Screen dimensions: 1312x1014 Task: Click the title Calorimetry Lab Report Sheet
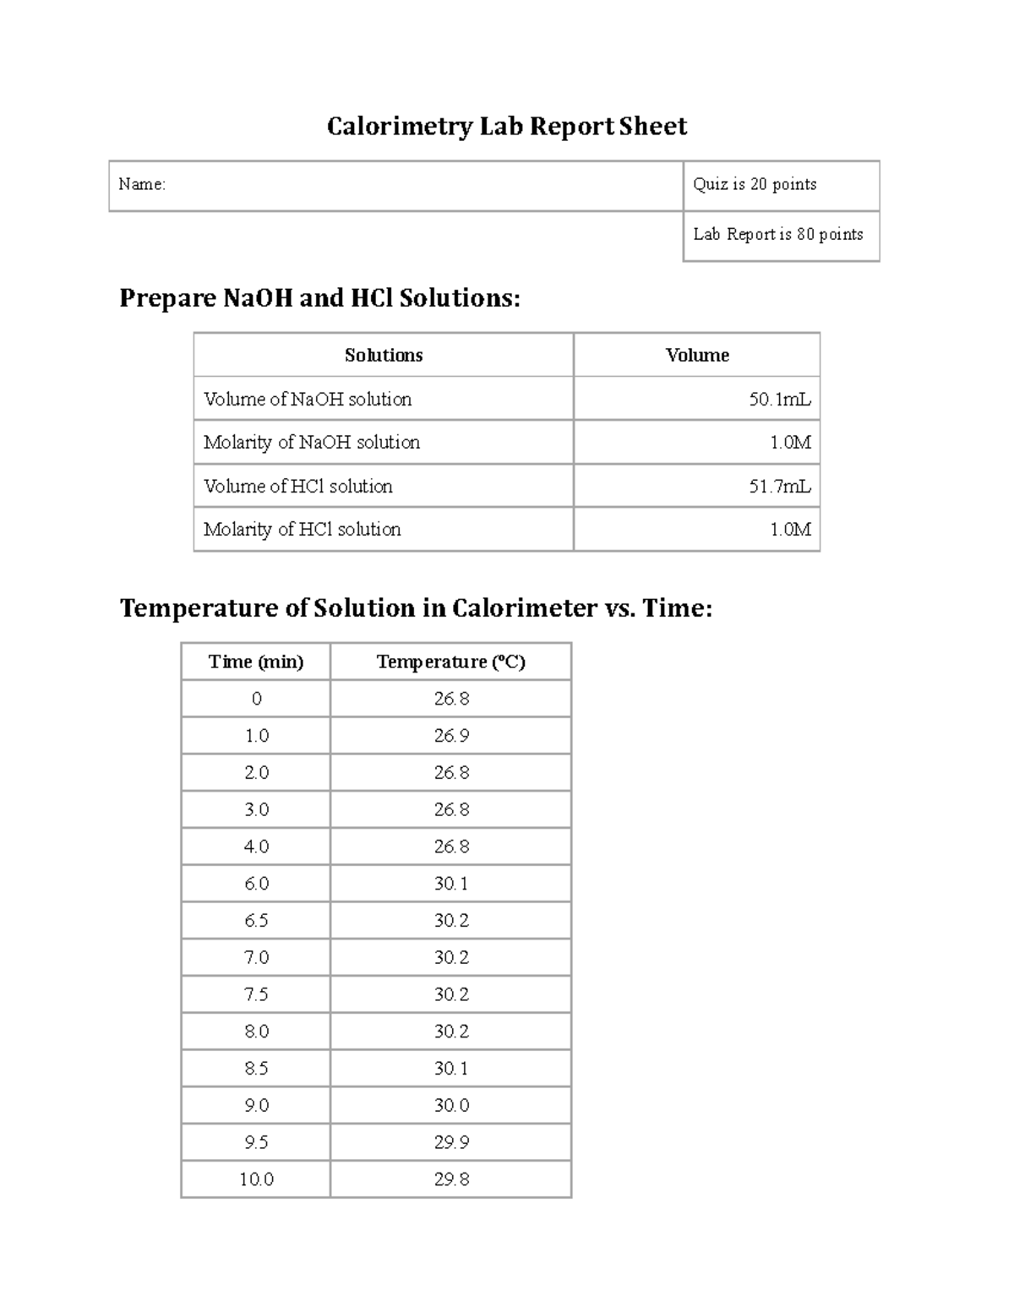click(507, 127)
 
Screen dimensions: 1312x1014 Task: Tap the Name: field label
click(142, 184)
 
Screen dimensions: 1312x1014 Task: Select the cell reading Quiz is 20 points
click(755, 184)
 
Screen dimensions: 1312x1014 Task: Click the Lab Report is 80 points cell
click(778, 235)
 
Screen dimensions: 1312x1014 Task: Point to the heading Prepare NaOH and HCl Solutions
click(319, 298)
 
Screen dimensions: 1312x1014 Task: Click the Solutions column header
click(384, 356)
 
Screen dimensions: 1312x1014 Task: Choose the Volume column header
click(697, 356)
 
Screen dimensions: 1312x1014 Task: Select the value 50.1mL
click(779, 400)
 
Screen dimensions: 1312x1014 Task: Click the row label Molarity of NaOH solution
click(312, 443)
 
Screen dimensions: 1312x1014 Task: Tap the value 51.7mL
click(779, 487)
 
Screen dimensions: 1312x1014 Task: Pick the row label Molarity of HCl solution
click(303, 530)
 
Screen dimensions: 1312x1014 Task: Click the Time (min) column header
click(256, 662)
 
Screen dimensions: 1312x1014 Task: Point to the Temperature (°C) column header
click(451, 662)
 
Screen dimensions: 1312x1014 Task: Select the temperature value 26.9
click(451, 736)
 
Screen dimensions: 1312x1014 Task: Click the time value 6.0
click(256, 884)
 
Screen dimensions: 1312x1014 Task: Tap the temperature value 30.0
click(451, 1106)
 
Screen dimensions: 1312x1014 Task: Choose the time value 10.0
click(256, 1179)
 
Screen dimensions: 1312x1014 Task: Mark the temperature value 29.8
click(451, 1179)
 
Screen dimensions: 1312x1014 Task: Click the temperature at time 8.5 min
click(451, 1069)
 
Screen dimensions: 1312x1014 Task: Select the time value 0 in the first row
click(256, 700)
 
